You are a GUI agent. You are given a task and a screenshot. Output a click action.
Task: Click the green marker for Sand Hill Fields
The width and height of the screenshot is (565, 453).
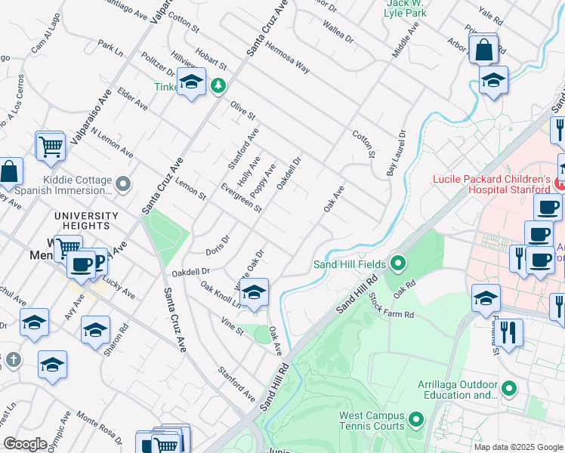tap(398, 263)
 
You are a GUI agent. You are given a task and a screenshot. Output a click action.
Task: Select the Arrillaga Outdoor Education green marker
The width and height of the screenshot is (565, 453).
tap(509, 389)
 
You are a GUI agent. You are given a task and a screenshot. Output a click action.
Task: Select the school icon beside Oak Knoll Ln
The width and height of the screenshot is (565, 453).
tap(254, 293)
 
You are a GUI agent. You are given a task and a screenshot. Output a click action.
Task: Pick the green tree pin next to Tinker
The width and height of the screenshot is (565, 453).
tap(218, 86)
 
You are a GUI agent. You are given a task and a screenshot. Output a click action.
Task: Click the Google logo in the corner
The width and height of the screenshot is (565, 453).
tap(25, 444)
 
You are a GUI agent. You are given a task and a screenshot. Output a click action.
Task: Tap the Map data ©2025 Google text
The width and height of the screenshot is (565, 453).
tap(517, 447)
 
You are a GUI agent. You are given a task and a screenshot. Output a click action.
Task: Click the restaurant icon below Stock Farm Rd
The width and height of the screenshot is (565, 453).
tap(508, 333)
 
